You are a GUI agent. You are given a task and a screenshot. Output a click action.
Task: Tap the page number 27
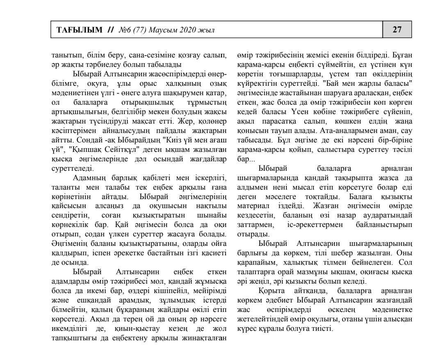(x=397, y=30)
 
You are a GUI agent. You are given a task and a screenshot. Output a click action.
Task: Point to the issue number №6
(x=124, y=30)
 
